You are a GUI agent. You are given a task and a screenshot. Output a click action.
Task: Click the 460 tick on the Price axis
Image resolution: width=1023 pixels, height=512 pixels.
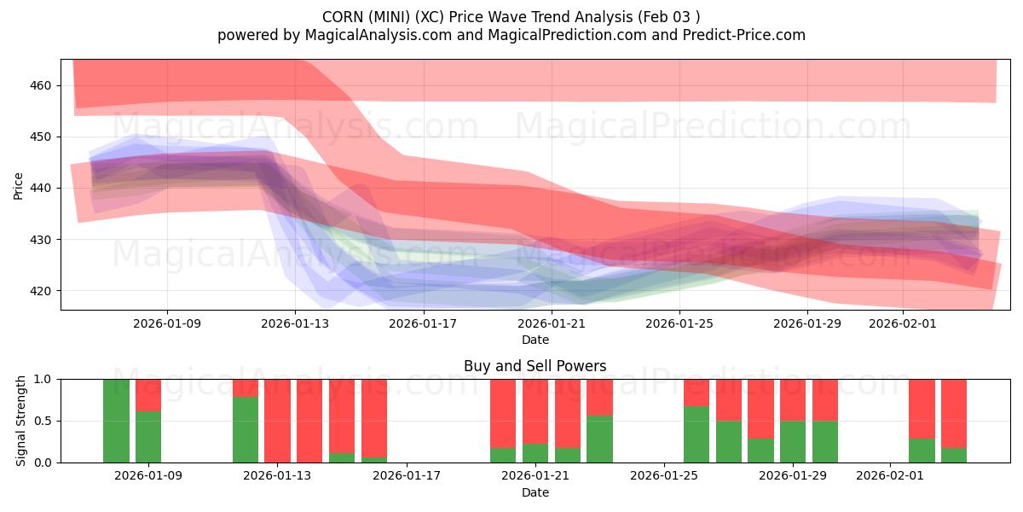click(41, 85)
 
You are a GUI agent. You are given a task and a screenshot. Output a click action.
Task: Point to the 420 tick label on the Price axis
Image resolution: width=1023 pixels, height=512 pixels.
click(41, 291)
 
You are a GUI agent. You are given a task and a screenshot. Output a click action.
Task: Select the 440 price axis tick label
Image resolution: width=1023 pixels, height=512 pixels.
click(41, 188)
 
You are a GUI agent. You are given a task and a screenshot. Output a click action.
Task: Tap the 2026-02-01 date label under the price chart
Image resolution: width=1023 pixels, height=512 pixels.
click(904, 323)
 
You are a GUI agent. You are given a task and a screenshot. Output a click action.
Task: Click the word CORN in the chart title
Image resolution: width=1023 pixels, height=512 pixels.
click(340, 17)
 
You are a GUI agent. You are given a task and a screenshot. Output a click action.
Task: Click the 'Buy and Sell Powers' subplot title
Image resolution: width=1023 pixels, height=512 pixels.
click(535, 366)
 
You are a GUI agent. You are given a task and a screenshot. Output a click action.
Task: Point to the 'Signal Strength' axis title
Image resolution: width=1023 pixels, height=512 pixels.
click(21, 421)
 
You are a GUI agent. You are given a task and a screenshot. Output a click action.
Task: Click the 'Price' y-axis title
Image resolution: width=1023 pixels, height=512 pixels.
click(19, 186)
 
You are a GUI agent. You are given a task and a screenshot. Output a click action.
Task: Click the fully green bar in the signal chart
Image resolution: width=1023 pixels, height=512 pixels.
click(116, 421)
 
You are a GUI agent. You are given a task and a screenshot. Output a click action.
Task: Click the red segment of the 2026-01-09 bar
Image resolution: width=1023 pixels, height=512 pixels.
click(148, 395)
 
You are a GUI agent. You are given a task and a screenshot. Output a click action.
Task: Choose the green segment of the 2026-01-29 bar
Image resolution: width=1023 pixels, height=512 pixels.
click(793, 441)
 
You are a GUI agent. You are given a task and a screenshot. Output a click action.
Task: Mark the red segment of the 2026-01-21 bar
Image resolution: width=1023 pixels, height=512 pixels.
click(535, 410)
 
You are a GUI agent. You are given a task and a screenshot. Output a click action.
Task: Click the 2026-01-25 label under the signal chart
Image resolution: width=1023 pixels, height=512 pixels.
click(664, 476)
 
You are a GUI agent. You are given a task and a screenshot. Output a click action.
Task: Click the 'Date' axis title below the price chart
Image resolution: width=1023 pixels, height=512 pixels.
click(535, 340)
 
